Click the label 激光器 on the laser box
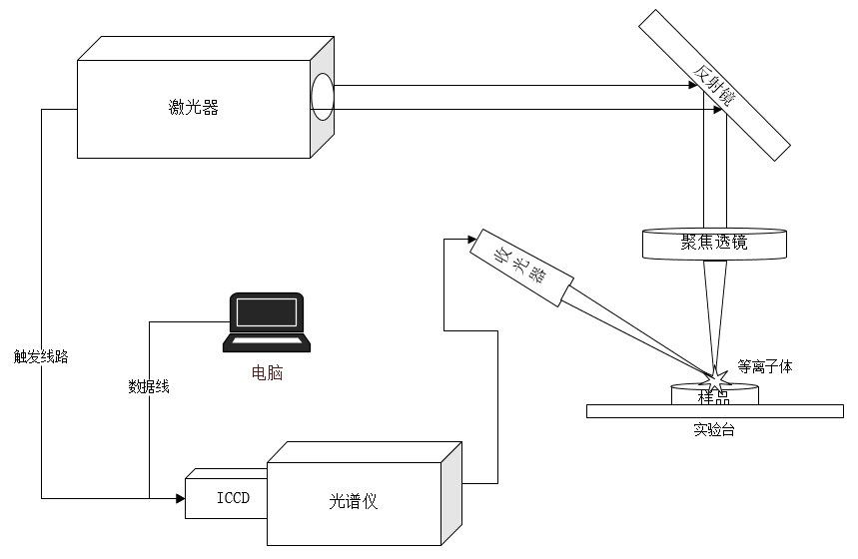(x=194, y=107)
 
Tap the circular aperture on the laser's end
(x=323, y=97)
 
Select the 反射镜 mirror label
(x=714, y=85)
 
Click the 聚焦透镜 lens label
(x=714, y=242)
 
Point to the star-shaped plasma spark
(x=714, y=378)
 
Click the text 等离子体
(x=765, y=366)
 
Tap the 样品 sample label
(x=714, y=397)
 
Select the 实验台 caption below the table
(x=714, y=430)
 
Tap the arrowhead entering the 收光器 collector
(x=472, y=239)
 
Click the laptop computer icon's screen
(x=267, y=312)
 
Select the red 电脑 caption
(x=267, y=373)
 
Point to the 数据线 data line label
(x=149, y=386)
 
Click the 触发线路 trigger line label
(x=41, y=356)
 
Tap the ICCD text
(x=233, y=498)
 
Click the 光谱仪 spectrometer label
(x=354, y=501)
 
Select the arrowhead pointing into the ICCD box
(x=181, y=498)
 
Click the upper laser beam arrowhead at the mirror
(x=693, y=85)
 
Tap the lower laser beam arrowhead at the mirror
(x=718, y=110)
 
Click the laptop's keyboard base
(x=267, y=342)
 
